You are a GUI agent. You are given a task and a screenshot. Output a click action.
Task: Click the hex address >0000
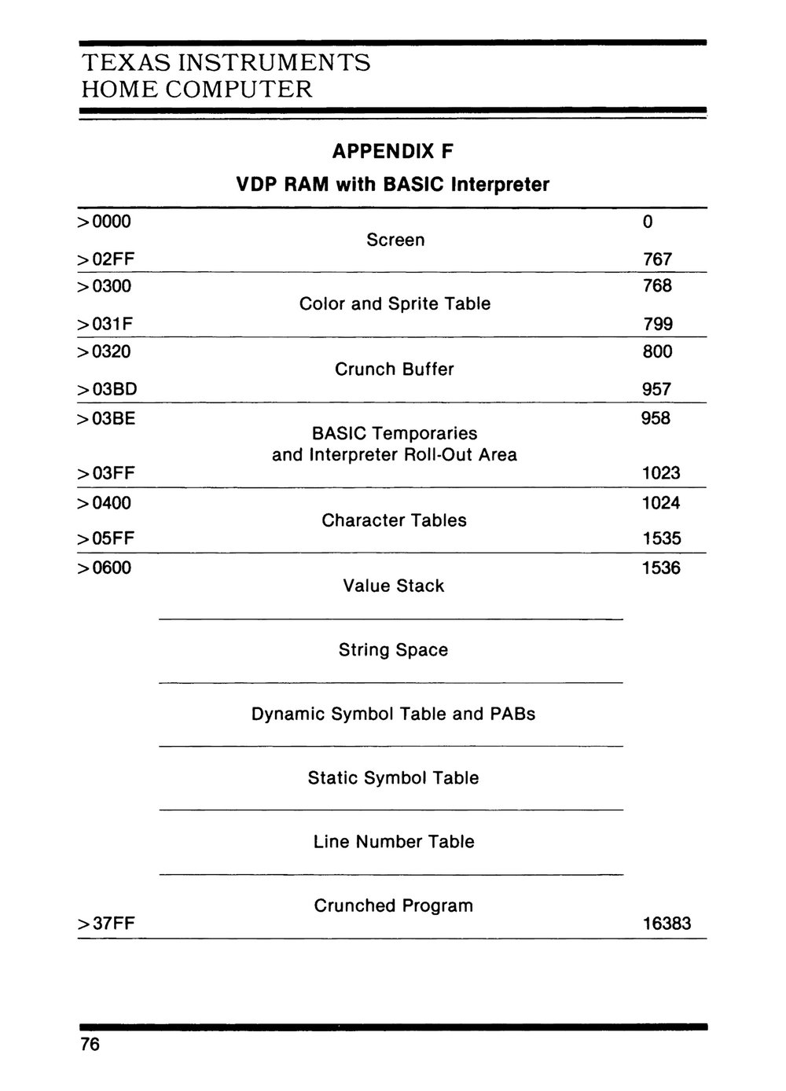tap(105, 222)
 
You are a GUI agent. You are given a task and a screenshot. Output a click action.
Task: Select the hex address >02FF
tap(105, 259)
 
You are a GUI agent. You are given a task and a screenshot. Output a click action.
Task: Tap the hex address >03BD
tap(107, 389)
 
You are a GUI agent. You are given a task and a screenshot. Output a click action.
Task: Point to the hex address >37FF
tap(106, 924)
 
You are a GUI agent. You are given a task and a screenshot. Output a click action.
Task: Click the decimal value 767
tap(657, 259)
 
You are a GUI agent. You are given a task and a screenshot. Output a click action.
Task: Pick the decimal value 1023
tap(661, 473)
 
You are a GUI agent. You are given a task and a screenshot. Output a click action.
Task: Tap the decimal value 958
tap(656, 418)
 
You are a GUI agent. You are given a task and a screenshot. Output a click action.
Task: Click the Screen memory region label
tap(395, 240)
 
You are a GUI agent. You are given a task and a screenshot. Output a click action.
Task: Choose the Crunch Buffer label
tap(395, 369)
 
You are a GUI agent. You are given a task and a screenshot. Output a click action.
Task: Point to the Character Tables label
tap(394, 520)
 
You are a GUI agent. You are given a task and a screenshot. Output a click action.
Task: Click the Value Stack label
tap(394, 586)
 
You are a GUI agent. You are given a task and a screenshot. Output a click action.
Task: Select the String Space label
tap(393, 650)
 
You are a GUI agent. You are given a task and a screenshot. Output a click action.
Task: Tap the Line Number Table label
tap(394, 842)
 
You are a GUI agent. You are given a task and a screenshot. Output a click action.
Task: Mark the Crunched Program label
tap(394, 905)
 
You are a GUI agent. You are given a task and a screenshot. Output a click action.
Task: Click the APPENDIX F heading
tap(393, 150)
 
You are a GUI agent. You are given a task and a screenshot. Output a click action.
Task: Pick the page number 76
tap(90, 1045)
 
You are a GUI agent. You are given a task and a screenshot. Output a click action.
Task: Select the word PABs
tap(512, 714)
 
